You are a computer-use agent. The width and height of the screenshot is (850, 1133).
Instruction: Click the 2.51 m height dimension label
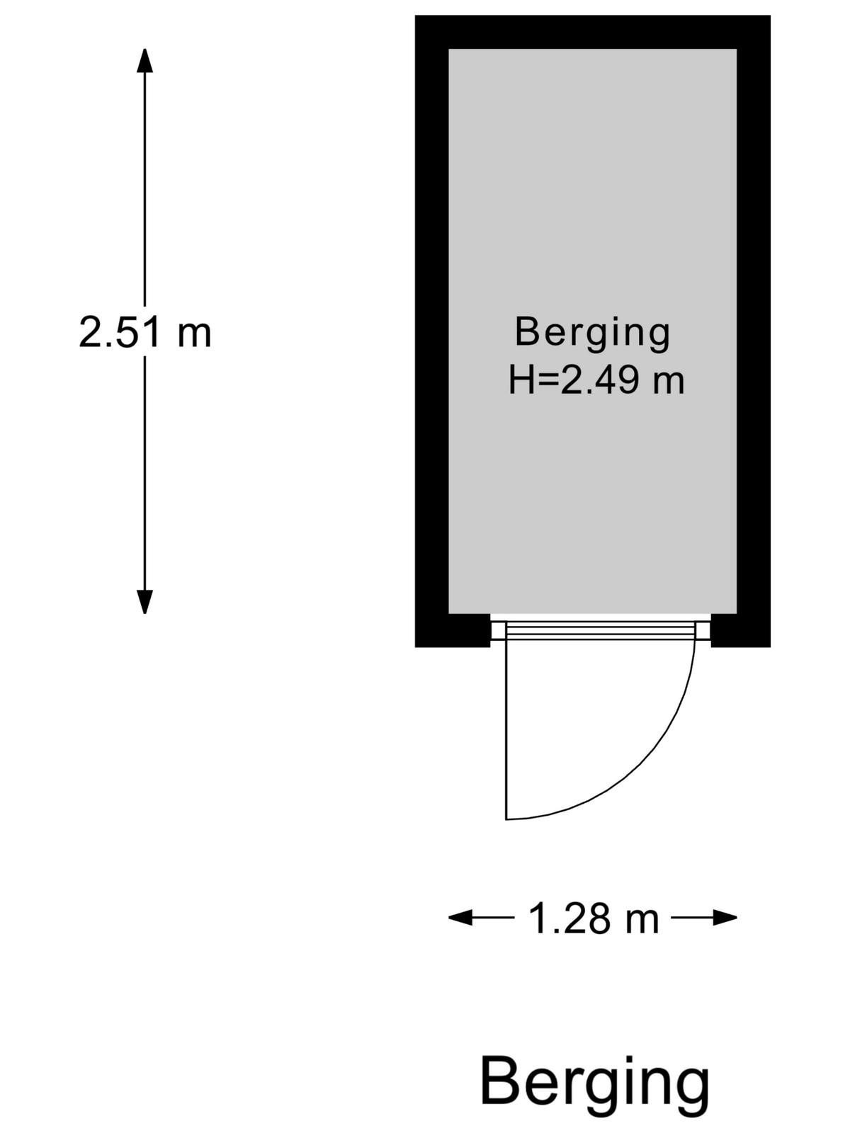click(x=145, y=332)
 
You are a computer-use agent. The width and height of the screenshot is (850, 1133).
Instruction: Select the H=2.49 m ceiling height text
click(x=596, y=380)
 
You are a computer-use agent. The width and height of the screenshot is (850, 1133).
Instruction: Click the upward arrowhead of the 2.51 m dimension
click(x=144, y=61)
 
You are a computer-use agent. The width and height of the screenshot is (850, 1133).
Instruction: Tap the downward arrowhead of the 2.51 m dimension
click(x=144, y=601)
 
